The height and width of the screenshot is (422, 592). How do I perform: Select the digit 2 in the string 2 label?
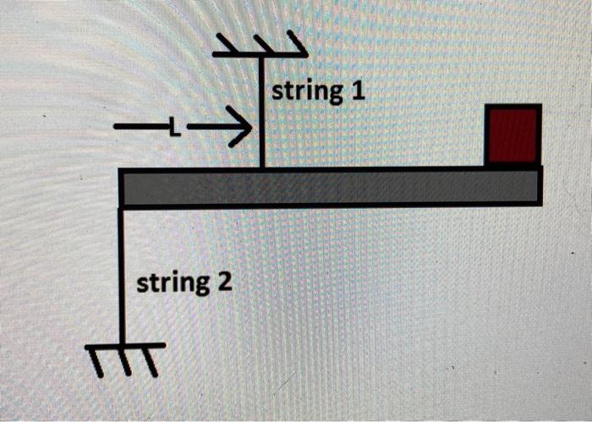coord(224,281)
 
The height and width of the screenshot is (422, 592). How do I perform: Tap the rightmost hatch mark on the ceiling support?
coord(296,41)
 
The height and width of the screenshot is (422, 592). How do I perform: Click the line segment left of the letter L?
coord(140,129)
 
